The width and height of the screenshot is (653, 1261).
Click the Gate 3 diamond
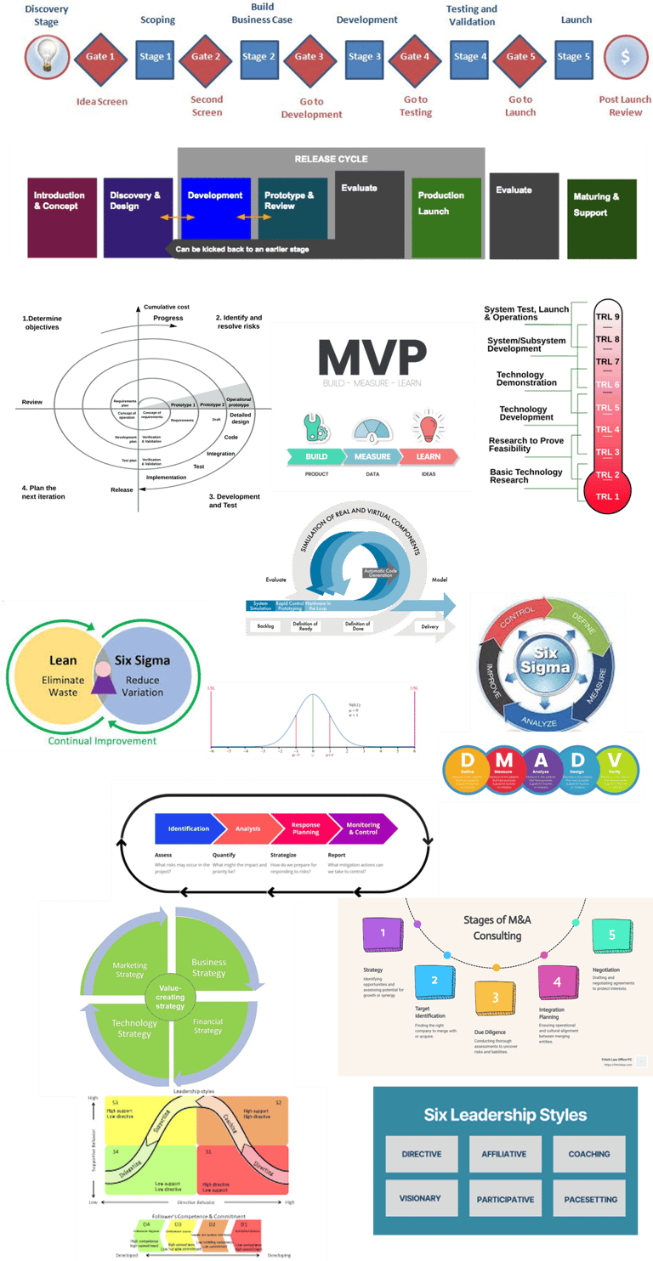point(309,57)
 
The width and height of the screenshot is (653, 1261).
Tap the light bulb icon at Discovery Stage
point(48,57)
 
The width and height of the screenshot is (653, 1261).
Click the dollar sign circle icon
point(625,57)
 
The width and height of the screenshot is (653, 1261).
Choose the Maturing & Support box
point(601,218)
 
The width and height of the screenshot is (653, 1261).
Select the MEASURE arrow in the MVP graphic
point(373,456)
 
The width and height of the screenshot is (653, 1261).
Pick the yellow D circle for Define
point(467,770)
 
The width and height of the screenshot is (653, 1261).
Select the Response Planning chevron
point(306,828)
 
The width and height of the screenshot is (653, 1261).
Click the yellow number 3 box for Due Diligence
point(495,997)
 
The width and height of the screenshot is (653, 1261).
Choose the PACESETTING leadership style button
point(589,1199)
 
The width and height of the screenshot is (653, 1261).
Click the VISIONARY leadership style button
point(420,1198)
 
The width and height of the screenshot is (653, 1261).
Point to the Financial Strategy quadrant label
point(207,1026)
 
